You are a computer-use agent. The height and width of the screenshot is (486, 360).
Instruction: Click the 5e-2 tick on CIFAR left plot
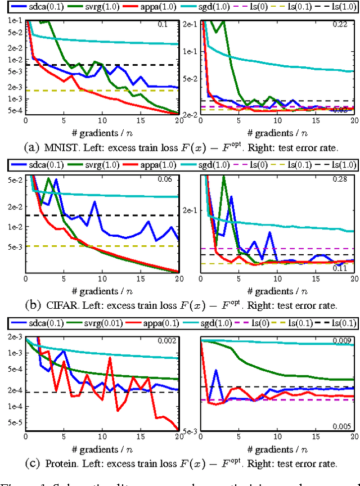click(12, 179)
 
